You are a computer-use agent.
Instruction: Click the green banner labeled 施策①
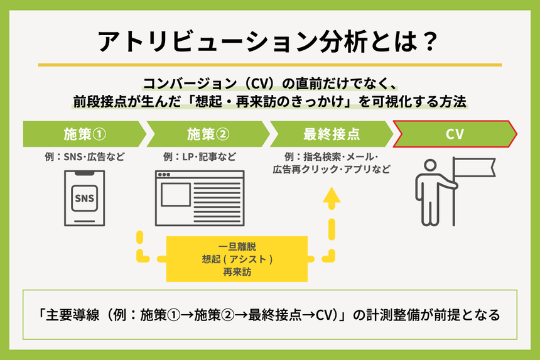[83, 134]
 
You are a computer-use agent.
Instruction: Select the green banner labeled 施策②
[207, 134]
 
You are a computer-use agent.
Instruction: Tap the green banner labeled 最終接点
[330, 134]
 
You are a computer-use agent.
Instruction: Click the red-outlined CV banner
[455, 134]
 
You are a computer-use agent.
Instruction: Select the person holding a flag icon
[432, 192]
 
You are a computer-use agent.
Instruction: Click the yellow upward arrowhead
[332, 195]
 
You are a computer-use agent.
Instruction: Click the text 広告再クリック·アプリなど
[331, 169]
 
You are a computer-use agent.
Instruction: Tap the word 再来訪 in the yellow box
[237, 273]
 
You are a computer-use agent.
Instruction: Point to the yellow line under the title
[269, 65]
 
